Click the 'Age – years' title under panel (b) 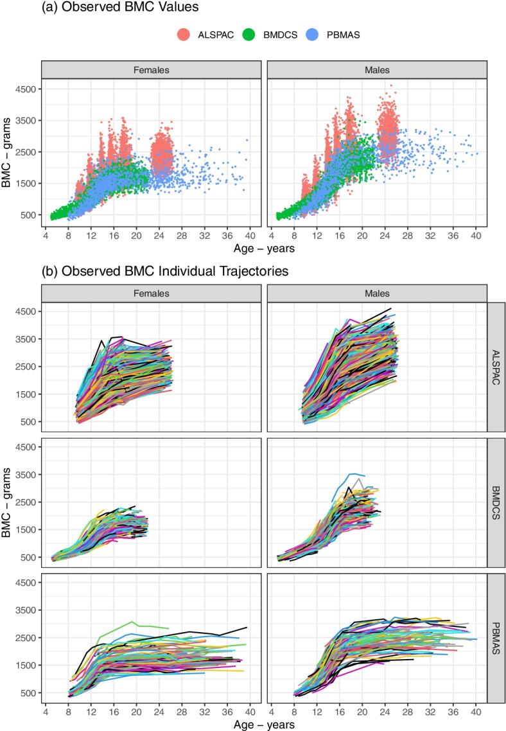[x=263, y=724]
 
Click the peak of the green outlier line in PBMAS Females [x=132, y=621]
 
